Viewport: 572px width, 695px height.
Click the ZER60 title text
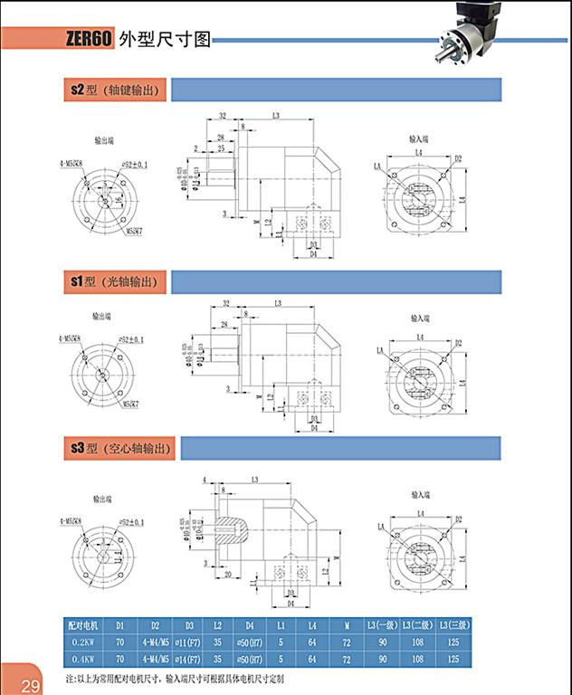88,39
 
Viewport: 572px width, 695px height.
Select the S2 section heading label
78,90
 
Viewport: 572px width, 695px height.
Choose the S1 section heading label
78,282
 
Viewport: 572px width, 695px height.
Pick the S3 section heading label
78,447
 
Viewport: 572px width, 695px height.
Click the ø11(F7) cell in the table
188,642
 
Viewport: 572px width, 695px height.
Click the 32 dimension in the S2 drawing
222,117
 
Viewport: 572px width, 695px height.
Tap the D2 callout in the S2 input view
459,158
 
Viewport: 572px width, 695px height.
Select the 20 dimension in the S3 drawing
227,574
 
